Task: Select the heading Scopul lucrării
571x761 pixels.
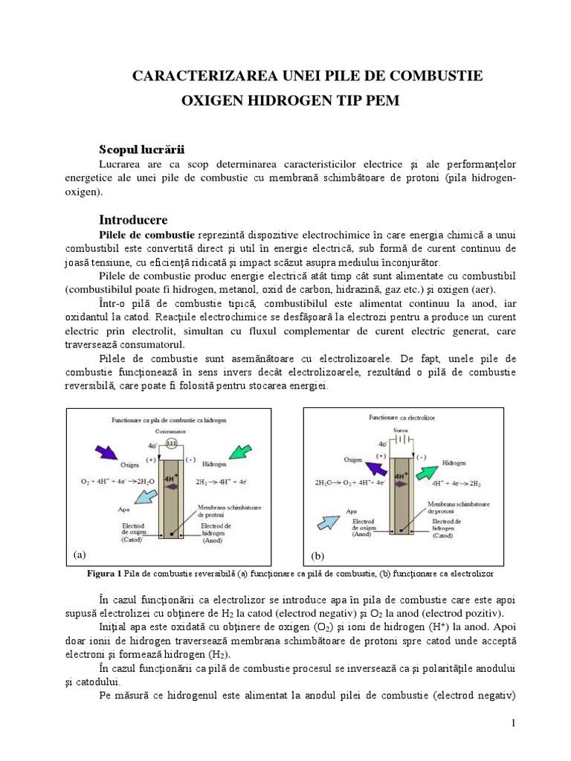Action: click(x=141, y=149)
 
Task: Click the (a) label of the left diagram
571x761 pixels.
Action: click(x=80, y=554)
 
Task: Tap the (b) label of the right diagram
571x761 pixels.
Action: click(x=317, y=555)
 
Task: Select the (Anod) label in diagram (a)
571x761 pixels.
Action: click(x=216, y=540)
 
